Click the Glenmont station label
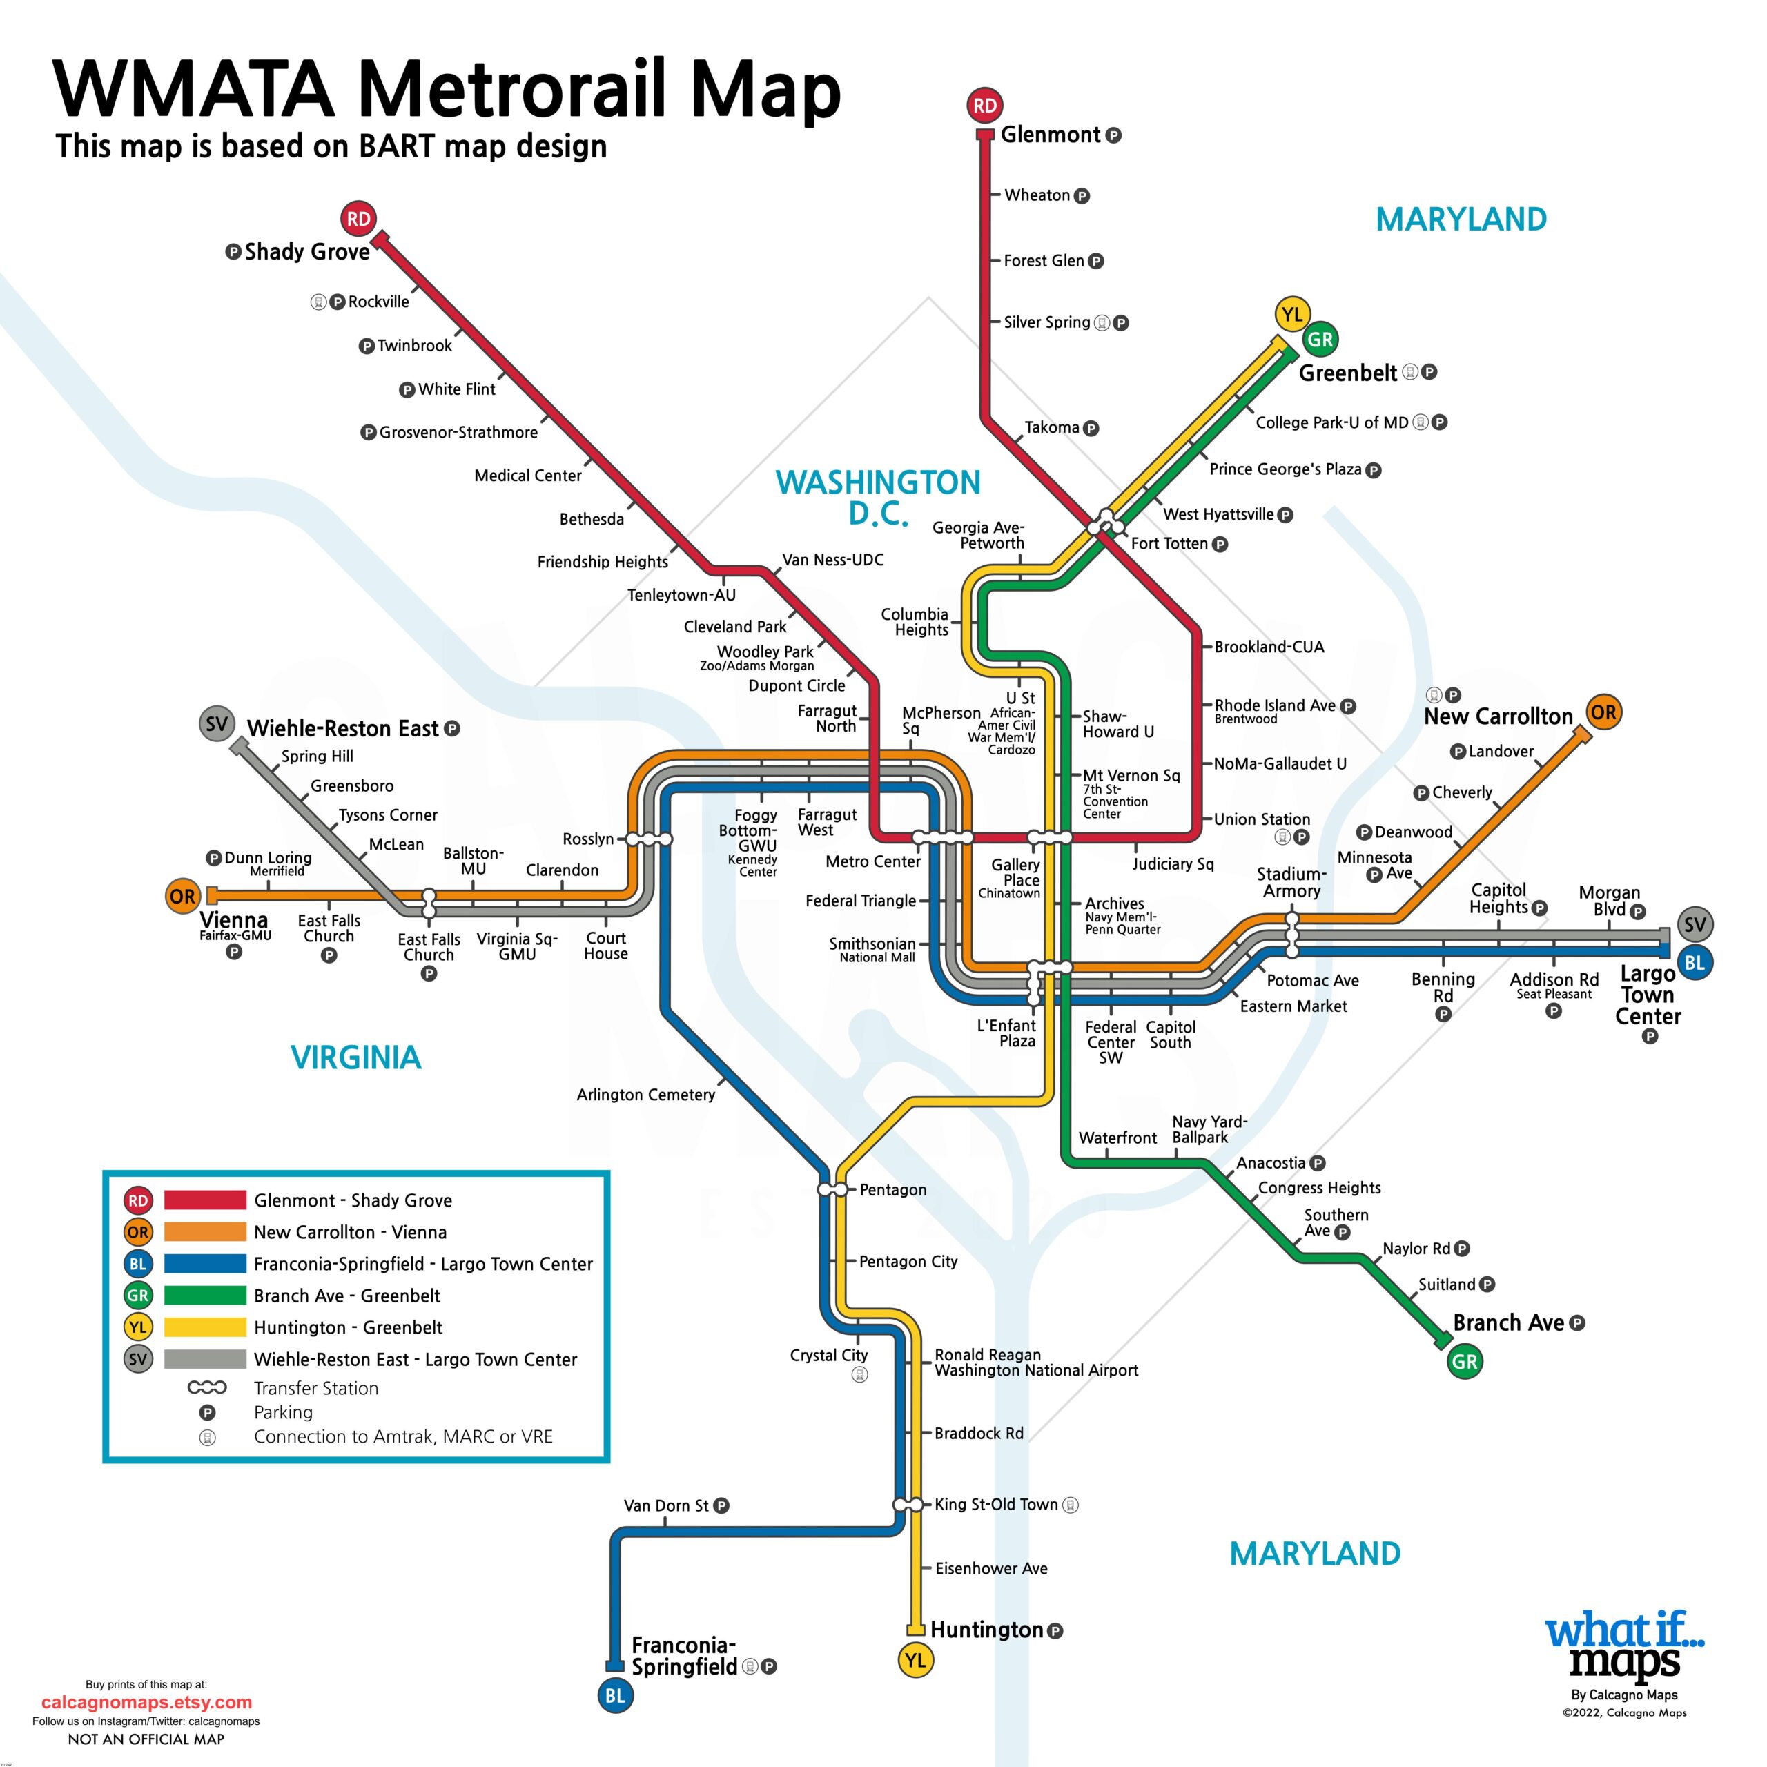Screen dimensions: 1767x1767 [1050, 135]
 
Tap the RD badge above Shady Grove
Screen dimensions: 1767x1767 [358, 219]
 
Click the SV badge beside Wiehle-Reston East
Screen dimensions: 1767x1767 [217, 724]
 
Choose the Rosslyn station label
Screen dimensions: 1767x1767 [588, 839]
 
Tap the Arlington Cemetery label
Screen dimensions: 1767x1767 [645, 1095]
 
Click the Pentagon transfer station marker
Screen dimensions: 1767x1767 [833, 1190]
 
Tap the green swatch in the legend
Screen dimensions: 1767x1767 [205, 1295]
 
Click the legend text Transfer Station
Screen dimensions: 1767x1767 [315, 1388]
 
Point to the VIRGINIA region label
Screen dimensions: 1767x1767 [355, 1057]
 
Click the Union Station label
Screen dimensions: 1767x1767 [1262, 819]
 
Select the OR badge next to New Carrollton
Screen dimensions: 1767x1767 [1603, 712]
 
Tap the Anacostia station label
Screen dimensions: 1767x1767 [1270, 1163]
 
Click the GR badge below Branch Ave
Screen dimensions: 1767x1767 [1464, 1362]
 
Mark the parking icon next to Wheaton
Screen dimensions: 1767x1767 [1082, 196]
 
